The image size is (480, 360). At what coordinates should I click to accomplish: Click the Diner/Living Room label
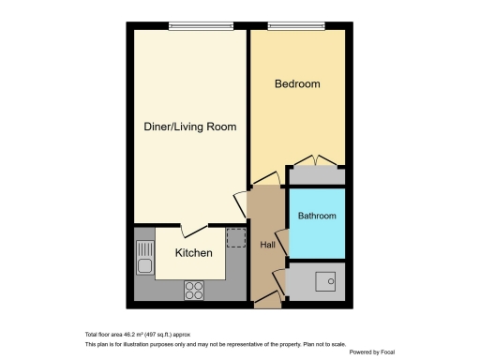[x=189, y=127]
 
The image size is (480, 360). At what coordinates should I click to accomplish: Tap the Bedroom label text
[x=296, y=84]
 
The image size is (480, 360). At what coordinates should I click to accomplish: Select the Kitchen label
[x=194, y=253]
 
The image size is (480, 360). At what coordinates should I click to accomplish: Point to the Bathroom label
[x=316, y=217]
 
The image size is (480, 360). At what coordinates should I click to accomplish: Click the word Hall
[x=267, y=245]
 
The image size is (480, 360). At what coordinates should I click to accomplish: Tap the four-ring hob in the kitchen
[x=194, y=291]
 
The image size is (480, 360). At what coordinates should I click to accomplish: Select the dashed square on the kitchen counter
[x=235, y=237]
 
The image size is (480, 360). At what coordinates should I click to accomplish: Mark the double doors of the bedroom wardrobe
[x=315, y=162]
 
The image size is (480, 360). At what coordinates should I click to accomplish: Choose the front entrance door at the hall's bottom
[x=267, y=299]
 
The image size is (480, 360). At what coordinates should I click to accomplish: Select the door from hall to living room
[x=241, y=204]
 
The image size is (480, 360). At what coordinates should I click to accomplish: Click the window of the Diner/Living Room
[x=188, y=26]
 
